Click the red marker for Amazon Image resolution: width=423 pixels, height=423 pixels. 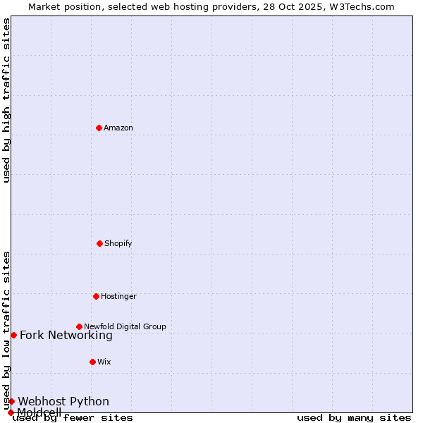tap(99, 128)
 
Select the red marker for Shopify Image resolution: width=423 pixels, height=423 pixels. tap(99, 243)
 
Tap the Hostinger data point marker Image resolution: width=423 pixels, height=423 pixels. tap(96, 296)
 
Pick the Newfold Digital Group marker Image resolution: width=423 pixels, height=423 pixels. tap(79, 326)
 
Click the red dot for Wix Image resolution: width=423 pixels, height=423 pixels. tap(92, 362)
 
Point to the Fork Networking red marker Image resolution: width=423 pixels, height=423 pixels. tap(13, 335)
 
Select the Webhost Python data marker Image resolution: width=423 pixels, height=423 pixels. tap(11, 401)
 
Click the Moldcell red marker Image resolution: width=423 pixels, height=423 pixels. tap(11, 412)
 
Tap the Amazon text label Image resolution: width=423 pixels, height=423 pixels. tap(118, 128)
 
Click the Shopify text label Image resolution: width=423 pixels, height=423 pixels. tap(118, 243)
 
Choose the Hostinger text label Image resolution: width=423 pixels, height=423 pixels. tap(118, 296)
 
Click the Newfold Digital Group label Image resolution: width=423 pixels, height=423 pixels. tap(125, 326)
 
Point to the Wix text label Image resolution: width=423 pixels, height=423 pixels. tap(104, 362)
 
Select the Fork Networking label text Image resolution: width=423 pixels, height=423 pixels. tap(66, 336)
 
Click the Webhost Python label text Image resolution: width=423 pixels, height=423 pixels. tap(63, 402)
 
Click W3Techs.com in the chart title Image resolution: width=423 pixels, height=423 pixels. tap(360, 6)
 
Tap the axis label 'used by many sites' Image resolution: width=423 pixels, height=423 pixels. tap(354, 418)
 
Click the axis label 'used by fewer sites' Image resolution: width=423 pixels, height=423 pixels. tap(73, 418)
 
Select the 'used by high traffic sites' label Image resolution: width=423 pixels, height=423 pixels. tap(6, 100)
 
